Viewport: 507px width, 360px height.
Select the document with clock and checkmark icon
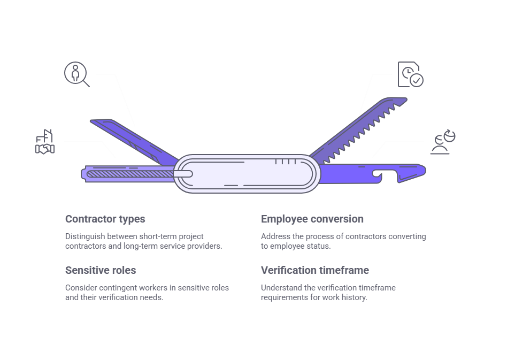(x=410, y=74)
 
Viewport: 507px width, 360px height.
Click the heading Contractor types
(x=105, y=219)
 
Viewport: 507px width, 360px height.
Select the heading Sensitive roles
(x=101, y=270)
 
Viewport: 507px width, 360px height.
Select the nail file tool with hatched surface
(x=128, y=173)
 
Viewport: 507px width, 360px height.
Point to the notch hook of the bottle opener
(x=378, y=176)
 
